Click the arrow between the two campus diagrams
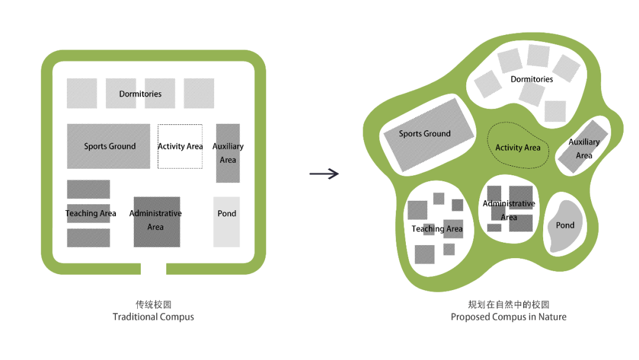pyautogui.click(x=324, y=173)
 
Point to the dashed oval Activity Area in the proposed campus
pyautogui.click(x=518, y=147)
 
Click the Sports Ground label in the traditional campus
pyautogui.click(x=109, y=146)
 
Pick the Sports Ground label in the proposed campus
pyautogui.click(x=425, y=134)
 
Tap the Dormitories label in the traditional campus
pyautogui.click(x=140, y=94)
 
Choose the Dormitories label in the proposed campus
pyautogui.click(x=532, y=79)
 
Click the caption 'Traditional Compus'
pyautogui.click(x=153, y=317)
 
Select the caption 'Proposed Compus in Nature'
pyautogui.click(x=508, y=317)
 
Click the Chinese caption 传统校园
pyautogui.click(x=153, y=304)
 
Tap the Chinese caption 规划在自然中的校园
pyautogui.click(x=508, y=304)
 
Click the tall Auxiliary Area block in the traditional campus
pyautogui.click(x=228, y=172)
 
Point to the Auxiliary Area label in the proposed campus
pyautogui.click(x=584, y=149)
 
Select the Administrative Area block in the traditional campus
pyautogui.click(x=157, y=234)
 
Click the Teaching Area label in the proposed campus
pyautogui.click(x=437, y=229)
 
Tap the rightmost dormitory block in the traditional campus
pyautogui.click(x=199, y=94)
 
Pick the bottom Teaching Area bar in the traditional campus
pyautogui.click(x=88, y=238)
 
